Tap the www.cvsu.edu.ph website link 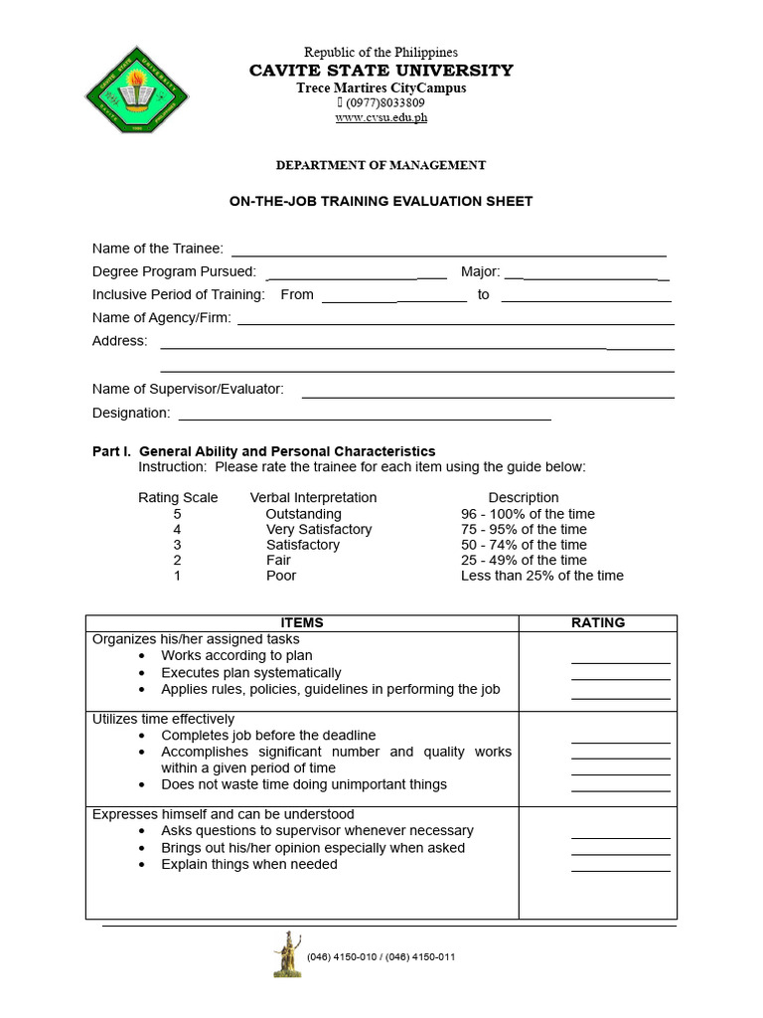pyautogui.click(x=381, y=117)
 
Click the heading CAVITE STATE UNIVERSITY pyautogui.click(x=381, y=70)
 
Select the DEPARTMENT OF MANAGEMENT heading pyautogui.click(x=381, y=165)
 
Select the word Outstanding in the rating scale pyautogui.click(x=303, y=514)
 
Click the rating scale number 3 pyautogui.click(x=177, y=545)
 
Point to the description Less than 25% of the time pyautogui.click(x=542, y=576)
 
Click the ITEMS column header pyautogui.click(x=302, y=622)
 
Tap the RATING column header pyautogui.click(x=598, y=622)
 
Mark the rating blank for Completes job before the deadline pyautogui.click(x=621, y=741)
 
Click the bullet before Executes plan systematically pyautogui.click(x=143, y=673)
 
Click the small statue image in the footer pyautogui.click(x=287, y=954)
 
